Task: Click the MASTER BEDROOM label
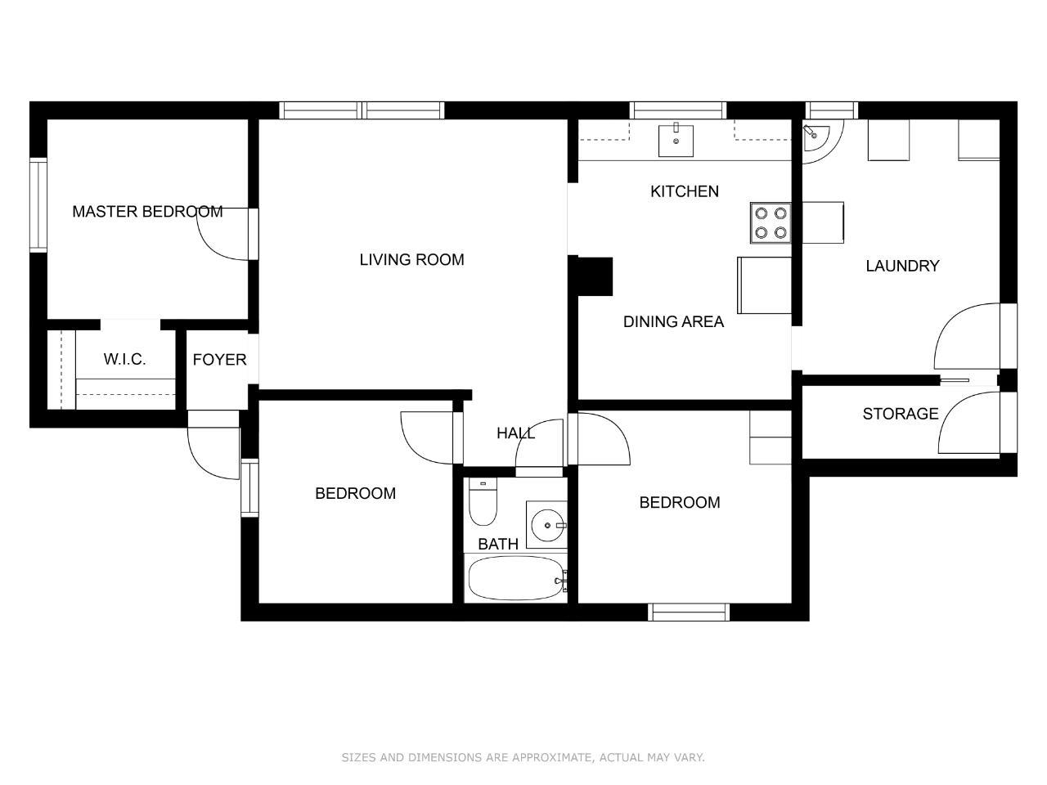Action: pos(147,211)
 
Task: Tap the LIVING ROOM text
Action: pos(411,260)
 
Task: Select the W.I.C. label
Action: pos(124,359)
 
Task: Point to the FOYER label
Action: pos(219,359)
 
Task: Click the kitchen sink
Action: pos(676,141)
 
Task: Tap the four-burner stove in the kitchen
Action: pos(771,222)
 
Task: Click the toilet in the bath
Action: pos(483,501)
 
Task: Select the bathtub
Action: pos(517,579)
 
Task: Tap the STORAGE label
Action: pos(900,414)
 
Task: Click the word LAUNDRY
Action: pos(902,266)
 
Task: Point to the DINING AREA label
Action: pos(673,321)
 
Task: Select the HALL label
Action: pos(515,433)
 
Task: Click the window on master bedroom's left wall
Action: pos(38,205)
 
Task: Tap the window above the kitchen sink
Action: pos(678,110)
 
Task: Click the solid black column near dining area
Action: pos(595,276)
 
